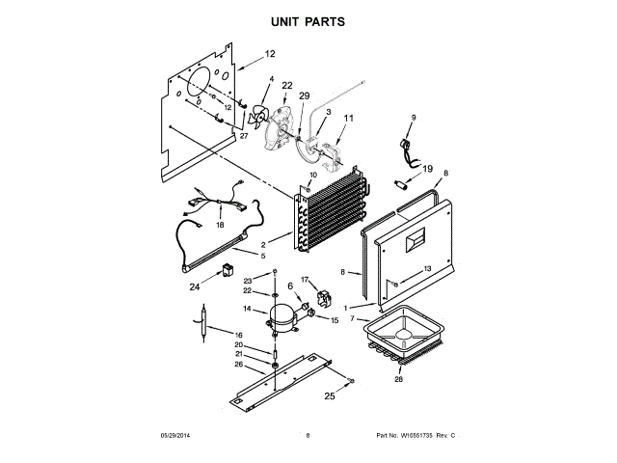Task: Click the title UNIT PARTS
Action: (308, 20)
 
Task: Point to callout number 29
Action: (305, 96)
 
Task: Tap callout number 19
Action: (429, 168)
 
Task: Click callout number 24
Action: (194, 286)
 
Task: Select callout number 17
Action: (305, 280)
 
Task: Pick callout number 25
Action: (329, 395)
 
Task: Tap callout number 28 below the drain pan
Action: (398, 379)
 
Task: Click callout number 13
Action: (427, 269)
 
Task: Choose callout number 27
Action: (244, 136)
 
